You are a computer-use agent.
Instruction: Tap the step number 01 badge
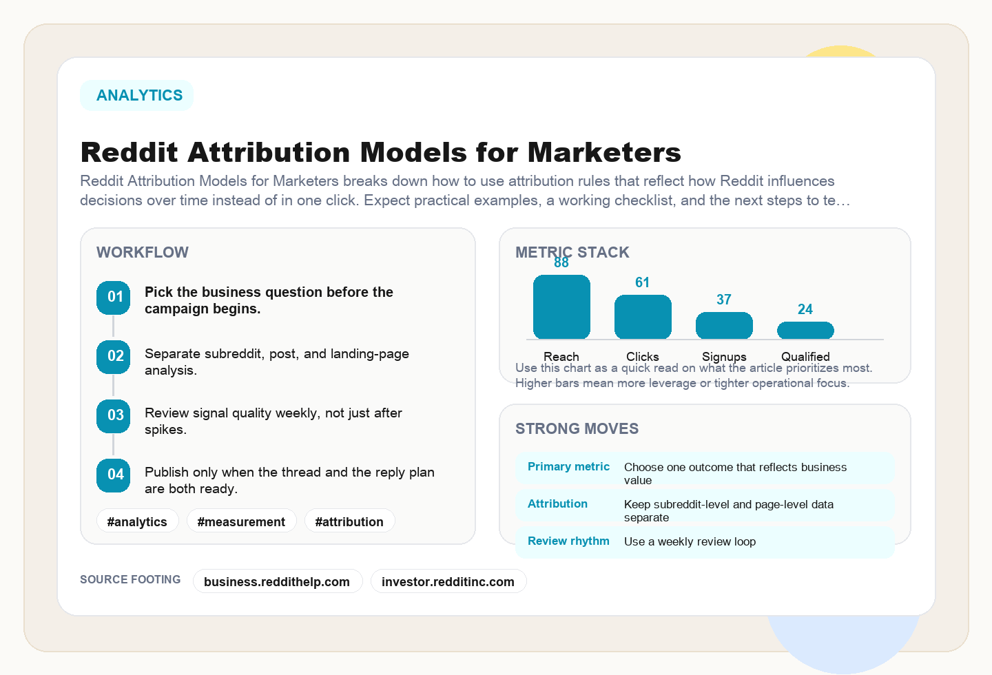[x=114, y=298]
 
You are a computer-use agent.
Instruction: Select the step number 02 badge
[x=114, y=357]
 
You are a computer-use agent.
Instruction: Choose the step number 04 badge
[x=114, y=475]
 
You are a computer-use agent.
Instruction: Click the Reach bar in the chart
[x=561, y=307]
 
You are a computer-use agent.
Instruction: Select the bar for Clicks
[x=643, y=317]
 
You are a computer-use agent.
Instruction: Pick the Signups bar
[x=724, y=326]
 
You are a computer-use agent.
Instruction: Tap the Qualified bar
[x=805, y=331]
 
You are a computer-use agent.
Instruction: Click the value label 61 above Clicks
[x=643, y=282]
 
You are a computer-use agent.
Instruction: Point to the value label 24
[x=805, y=309]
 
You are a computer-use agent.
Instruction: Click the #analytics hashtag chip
[x=137, y=521]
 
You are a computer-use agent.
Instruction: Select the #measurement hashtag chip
[x=241, y=521]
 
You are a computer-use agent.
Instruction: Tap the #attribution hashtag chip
[x=349, y=521]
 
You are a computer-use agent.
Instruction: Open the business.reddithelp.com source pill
[x=277, y=581]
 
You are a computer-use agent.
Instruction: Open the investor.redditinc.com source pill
[x=448, y=581]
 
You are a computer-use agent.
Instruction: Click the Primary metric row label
[x=568, y=467]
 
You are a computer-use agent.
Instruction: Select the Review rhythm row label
[x=568, y=541]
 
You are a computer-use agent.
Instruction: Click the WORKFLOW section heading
[x=143, y=253]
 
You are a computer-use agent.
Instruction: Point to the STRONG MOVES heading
[x=577, y=429]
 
